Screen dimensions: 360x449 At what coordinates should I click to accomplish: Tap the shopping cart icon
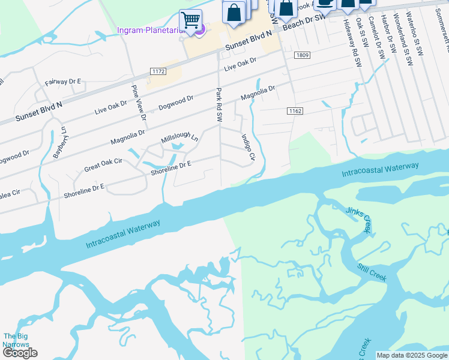tap(191, 20)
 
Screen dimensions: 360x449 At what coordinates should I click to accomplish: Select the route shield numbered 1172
tap(158, 71)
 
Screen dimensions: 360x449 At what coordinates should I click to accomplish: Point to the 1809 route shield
tap(302, 55)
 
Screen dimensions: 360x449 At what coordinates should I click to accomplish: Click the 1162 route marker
tap(294, 111)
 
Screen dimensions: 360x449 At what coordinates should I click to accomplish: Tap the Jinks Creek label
tap(358, 220)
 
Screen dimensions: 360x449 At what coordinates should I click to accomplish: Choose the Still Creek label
tap(372, 273)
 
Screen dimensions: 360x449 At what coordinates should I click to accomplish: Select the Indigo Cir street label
tap(247, 147)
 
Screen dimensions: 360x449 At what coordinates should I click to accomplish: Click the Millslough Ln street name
tap(179, 139)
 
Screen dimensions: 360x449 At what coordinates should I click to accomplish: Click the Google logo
tap(20, 353)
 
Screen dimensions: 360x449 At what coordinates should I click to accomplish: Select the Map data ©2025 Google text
tap(412, 355)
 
